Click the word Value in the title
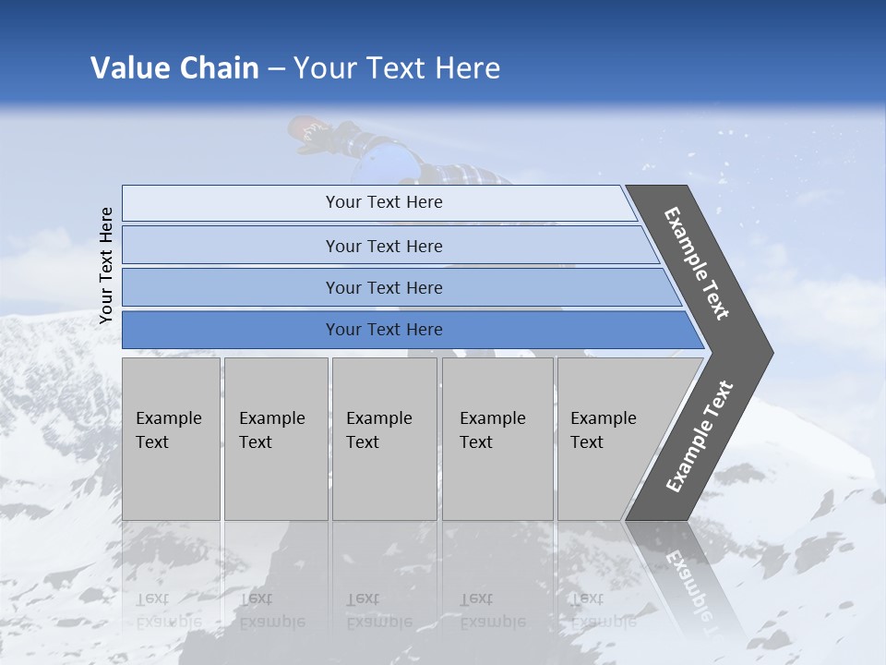point(127,68)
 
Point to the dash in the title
point(276,69)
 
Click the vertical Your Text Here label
point(106,265)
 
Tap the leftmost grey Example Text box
point(171,439)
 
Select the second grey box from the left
point(276,439)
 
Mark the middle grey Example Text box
point(384,439)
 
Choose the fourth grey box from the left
point(497,439)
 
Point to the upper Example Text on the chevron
point(697,263)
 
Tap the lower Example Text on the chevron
point(699,437)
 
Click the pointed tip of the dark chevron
point(771,353)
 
